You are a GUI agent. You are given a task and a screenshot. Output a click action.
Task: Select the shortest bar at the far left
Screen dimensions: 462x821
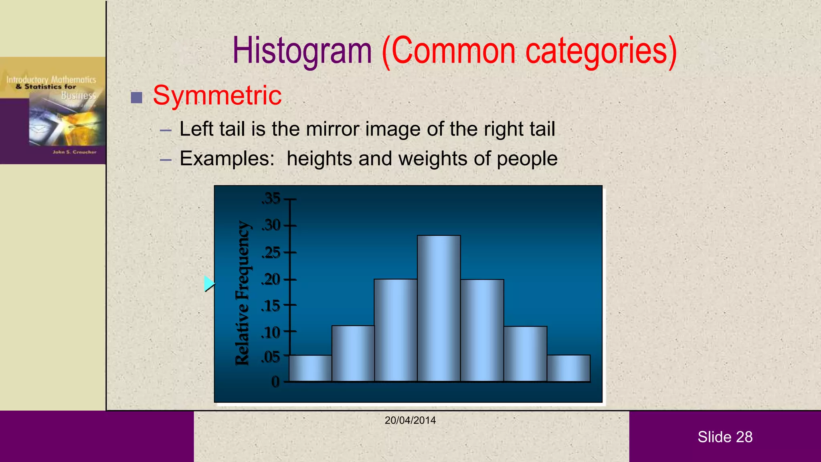coord(310,368)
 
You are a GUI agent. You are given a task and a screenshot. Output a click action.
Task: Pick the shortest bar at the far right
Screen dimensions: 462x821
coord(568,368)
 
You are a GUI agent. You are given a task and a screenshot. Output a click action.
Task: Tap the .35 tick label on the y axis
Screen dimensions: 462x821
coord(271,199)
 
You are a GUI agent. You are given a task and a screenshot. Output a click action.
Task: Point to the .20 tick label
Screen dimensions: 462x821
coord(271,280)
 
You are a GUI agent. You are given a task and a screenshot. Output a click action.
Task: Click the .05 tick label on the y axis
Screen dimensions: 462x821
coord(271,357)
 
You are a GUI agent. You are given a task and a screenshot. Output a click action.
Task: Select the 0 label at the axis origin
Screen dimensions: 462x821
coord(275,381)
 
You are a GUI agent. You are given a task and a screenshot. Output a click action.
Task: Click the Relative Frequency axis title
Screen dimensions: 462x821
coord(243,293)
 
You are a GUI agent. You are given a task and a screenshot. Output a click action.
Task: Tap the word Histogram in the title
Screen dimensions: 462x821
coord(302,51)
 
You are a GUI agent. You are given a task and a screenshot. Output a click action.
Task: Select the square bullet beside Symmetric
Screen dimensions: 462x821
coord(137,97)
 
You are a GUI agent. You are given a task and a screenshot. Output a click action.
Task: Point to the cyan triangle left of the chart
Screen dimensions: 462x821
coord(209,284)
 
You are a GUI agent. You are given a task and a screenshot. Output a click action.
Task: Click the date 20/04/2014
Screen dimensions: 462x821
coord(410,420)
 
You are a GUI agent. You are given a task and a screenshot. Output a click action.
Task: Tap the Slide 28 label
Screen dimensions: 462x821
coord(725,437)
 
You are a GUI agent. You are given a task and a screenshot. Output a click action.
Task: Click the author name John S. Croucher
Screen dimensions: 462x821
coord(75,152)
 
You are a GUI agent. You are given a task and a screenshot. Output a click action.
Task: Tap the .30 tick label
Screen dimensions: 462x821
coord(271,225)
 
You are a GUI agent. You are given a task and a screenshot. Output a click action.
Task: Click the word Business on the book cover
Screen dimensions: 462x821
coord(79,95)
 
